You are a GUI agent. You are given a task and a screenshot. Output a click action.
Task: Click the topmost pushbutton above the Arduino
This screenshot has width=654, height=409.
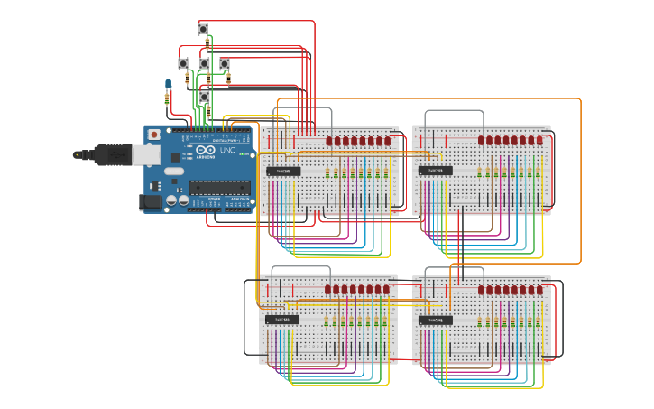pos(203,29)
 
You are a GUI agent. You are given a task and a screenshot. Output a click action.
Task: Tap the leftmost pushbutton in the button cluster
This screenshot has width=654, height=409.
pos(183,63)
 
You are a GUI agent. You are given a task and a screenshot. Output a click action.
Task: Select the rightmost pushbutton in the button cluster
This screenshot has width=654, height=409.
pos(225,63)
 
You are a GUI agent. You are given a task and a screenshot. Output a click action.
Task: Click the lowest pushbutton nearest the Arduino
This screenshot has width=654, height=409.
pos(204,96)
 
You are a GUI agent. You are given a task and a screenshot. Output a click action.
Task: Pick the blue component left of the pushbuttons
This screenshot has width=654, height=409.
pos(168,85)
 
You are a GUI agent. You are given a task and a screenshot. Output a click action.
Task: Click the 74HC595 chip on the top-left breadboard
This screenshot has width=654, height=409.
pos(282,171)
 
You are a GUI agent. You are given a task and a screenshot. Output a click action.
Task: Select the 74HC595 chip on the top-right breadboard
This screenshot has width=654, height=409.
pos(435,171)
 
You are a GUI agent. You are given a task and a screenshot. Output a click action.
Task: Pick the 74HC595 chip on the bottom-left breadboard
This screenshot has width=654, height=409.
pos(282,320)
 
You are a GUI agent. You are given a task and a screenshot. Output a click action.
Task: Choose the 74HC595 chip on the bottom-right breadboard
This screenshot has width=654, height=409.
pos(435,320)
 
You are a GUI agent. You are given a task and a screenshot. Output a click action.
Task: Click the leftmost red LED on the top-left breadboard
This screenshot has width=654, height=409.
pos(330,141)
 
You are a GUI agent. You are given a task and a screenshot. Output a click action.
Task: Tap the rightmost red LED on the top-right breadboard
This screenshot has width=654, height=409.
pos(539,141)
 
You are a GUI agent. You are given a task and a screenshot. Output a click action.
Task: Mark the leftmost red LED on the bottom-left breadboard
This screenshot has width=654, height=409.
pos(330,290)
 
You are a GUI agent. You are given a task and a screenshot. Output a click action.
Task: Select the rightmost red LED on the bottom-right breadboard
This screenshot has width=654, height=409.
pos(539,290)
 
